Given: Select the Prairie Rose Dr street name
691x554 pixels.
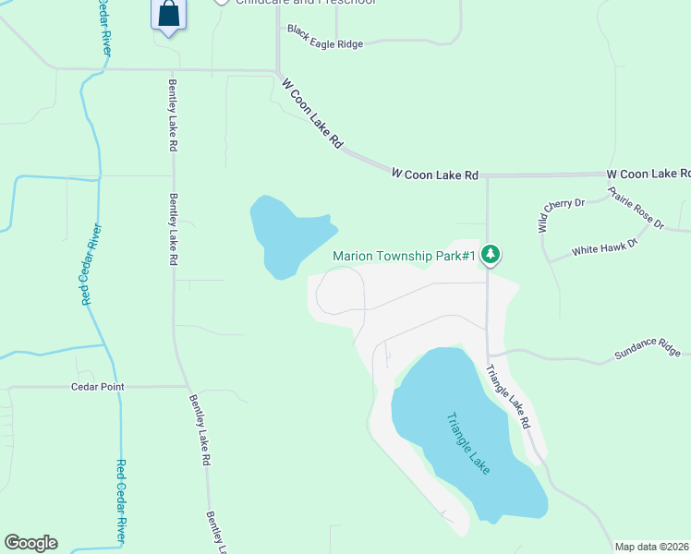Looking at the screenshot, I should (x=636, y=208).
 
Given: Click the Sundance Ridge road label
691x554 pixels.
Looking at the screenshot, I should (x=647, y=348).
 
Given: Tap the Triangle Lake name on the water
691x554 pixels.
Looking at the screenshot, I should (x=467, y=443).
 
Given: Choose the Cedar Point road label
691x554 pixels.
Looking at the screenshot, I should (x=97, y=387).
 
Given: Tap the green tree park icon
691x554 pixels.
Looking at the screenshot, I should (x=491, y=254).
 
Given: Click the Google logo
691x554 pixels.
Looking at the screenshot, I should (x=30, y=543).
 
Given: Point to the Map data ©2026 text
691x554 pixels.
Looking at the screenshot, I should (x=652, y=547).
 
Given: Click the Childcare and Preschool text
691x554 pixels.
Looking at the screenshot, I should (x=306, y=2).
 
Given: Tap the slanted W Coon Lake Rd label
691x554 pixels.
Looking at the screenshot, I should (x=312, y=114).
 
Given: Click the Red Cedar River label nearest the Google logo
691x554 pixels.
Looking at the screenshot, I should (x=121, y=502).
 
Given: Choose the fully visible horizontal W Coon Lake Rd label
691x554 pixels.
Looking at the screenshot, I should (x=434, y=174).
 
